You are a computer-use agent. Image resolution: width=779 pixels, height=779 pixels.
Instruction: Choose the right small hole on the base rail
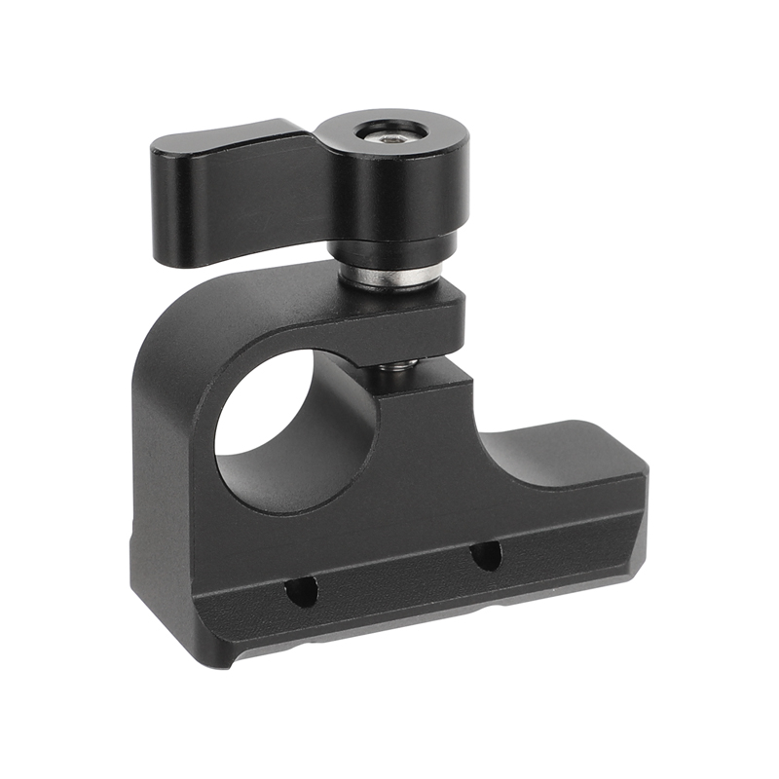tap(485, 556)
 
